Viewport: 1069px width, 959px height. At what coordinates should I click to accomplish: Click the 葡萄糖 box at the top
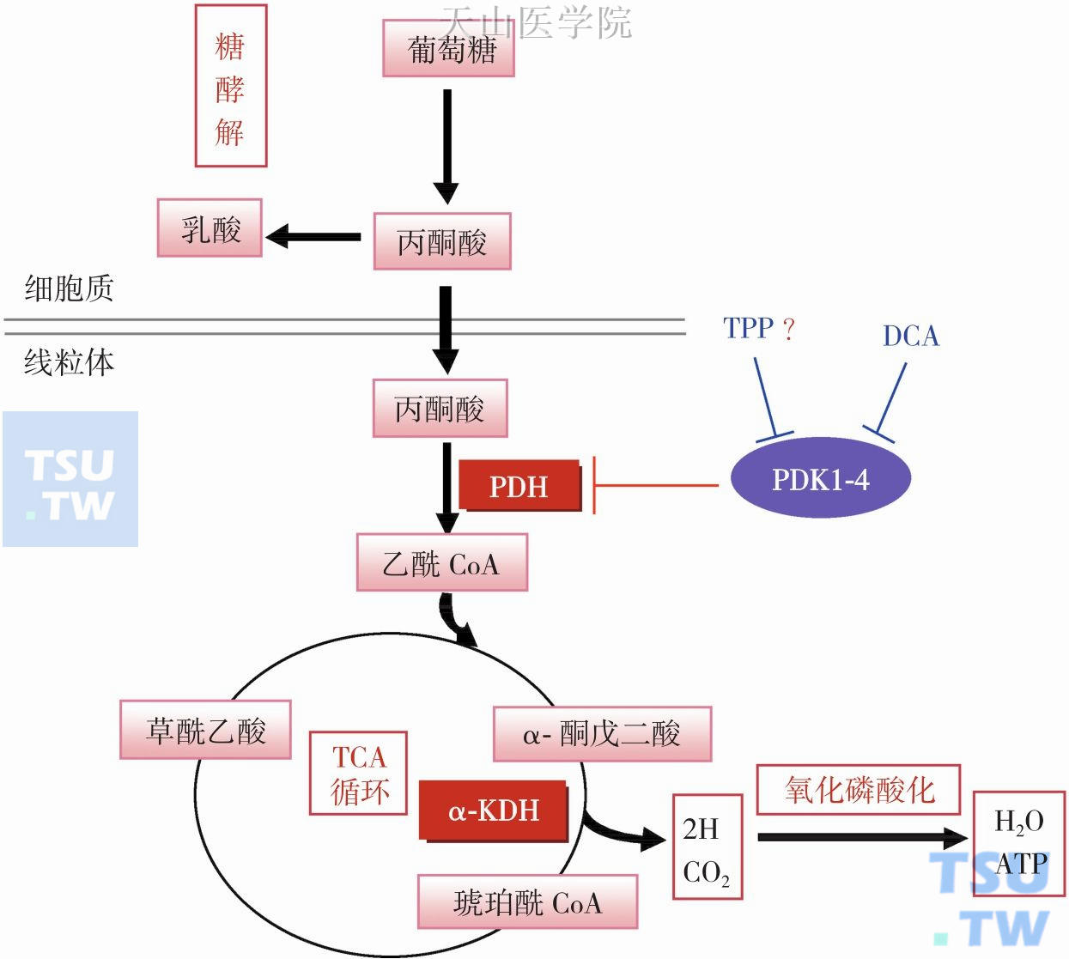[x=448, y=50]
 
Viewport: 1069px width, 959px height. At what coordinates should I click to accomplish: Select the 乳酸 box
[x=210, y=228]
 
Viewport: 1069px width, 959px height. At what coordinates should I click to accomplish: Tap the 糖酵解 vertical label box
[x=230, y=86]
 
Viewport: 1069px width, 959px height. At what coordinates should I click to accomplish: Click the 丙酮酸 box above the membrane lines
[x=442, y=242]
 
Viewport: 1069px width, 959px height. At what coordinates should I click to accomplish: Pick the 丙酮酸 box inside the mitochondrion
[x=440, y=409]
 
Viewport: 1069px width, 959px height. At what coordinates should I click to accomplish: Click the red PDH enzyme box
[x=519, y=486]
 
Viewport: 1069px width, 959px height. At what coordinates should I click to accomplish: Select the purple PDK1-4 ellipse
[x=820, y=478]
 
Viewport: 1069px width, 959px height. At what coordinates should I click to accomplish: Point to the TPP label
[x=749, y=328]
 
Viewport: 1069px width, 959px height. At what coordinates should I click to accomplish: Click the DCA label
[x=911, y=336]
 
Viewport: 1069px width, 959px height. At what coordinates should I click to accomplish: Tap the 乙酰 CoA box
[x=441, y=563]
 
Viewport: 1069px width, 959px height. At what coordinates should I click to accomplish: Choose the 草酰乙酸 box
[x=206, y=731]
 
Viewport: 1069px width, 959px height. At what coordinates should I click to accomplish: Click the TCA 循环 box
[x=358, y=774]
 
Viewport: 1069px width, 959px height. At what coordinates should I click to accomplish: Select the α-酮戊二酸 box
[x=602, y=734]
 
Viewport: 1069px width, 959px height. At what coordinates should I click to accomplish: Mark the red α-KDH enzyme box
[x=494, y=810]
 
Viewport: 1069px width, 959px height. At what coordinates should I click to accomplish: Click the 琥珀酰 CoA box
[x=527, y=902]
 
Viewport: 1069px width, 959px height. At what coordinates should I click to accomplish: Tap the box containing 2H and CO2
[x=707, y=847]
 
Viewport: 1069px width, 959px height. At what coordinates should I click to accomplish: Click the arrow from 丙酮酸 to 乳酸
[x=314, y=236]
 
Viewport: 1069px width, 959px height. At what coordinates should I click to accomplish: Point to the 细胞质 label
[x=69, y=288]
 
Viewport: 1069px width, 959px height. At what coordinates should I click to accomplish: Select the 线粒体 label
[x=69, y=362]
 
